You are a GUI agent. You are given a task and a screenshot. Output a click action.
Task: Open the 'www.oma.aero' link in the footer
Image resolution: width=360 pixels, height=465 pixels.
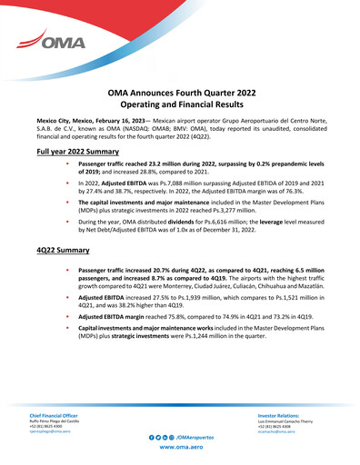point(180,450)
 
